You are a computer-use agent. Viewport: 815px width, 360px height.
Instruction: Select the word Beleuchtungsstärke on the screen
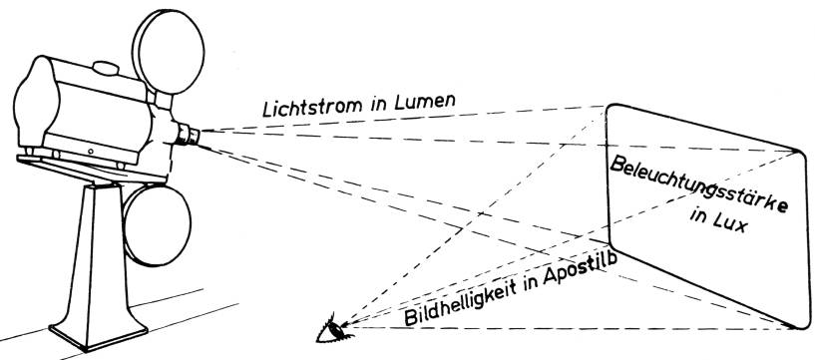click(698, 185)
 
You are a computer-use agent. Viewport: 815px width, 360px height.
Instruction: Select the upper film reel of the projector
click(168, 51)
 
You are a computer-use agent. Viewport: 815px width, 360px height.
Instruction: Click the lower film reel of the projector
click(157, 225)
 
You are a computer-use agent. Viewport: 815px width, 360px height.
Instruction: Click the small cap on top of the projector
click(107, 68)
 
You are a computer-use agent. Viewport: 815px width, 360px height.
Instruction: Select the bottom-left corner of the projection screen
click(611, 243)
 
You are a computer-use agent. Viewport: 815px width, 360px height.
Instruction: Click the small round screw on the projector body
click(90, 152)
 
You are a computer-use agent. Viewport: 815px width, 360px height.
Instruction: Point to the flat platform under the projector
click(91, 168)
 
